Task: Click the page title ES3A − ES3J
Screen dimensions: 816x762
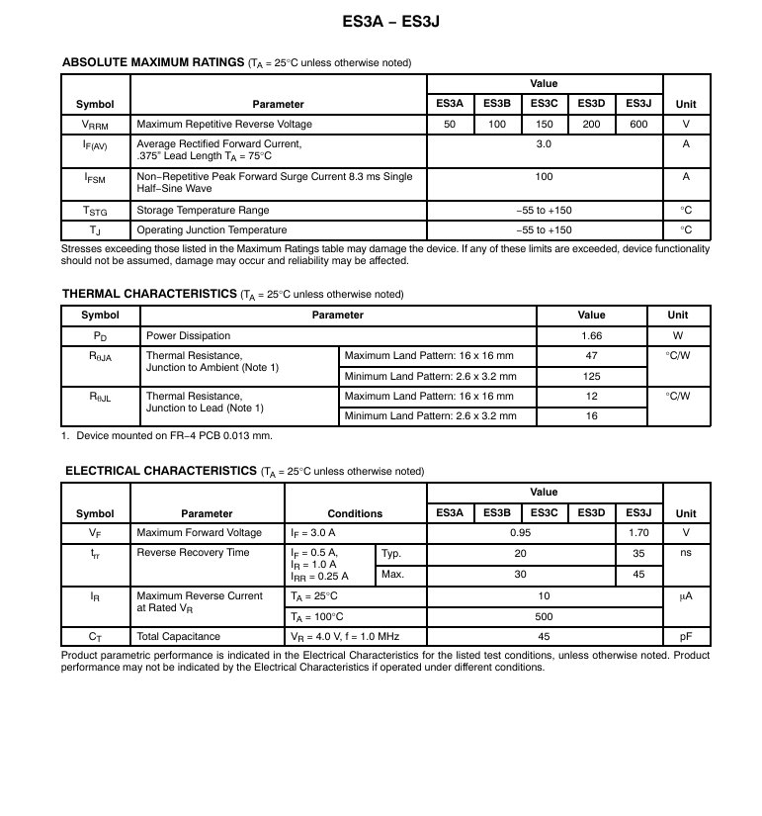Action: pos(381,20)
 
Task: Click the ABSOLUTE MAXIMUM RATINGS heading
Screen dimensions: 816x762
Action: pos(152,62)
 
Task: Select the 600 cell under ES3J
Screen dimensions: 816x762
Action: pos(637,125)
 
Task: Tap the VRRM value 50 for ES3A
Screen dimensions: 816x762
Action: pos(450,125)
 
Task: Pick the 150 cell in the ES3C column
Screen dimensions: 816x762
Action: pos(544,125)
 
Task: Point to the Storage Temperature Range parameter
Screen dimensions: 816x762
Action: pos(203,211)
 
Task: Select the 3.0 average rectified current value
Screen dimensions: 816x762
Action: pos(544,144)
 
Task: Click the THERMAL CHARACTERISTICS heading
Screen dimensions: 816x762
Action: pos(149,294)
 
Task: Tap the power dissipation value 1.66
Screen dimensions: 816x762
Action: pos(591,335)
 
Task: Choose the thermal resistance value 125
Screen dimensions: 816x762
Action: pos(591,376)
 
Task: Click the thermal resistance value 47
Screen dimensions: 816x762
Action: pos(591,355)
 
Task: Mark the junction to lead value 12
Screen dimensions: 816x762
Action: pos(591,396)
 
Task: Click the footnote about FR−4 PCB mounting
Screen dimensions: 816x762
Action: pos(167,435)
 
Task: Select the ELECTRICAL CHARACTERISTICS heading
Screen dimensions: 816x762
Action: pos(161,471)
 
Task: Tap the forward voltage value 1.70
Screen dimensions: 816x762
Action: pos(637,533)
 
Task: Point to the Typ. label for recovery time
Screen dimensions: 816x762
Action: pos(391,553)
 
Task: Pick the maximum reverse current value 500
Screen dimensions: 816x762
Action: pos(544,616)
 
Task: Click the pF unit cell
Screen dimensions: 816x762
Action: pos(685,637)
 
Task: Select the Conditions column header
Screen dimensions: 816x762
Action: pos(355,513)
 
